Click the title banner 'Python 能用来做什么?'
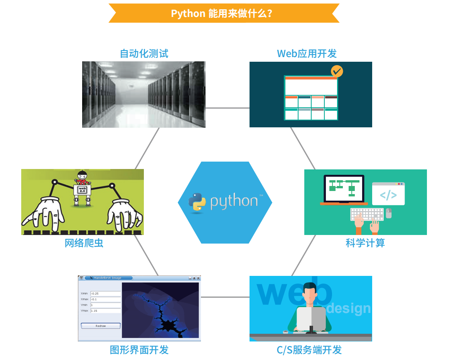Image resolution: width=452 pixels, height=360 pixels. (x=224, y=14)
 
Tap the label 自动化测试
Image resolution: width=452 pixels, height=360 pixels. (x=144, y=53)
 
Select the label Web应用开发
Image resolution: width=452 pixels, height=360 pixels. (x=307, y=53)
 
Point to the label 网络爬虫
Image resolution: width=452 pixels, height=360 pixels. (x=84, y=243)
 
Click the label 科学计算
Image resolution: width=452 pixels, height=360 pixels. (x=365, y=243)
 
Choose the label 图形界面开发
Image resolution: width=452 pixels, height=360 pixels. (x=139, y=350)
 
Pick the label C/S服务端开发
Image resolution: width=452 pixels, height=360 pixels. (x=309, y=350)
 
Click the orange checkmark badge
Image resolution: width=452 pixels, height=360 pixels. (x=337, y=71)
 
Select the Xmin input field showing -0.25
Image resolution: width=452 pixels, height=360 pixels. (x=105, y=294)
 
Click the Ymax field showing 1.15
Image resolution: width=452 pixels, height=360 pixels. (x=105, y=311)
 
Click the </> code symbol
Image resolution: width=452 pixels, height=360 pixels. (x=388, y=195)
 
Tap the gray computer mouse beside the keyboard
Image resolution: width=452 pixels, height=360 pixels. (x=389, y=213)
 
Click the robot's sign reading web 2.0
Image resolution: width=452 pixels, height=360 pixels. (x=82, y=189)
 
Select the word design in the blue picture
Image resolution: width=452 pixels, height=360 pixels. (x=349, y=308)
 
